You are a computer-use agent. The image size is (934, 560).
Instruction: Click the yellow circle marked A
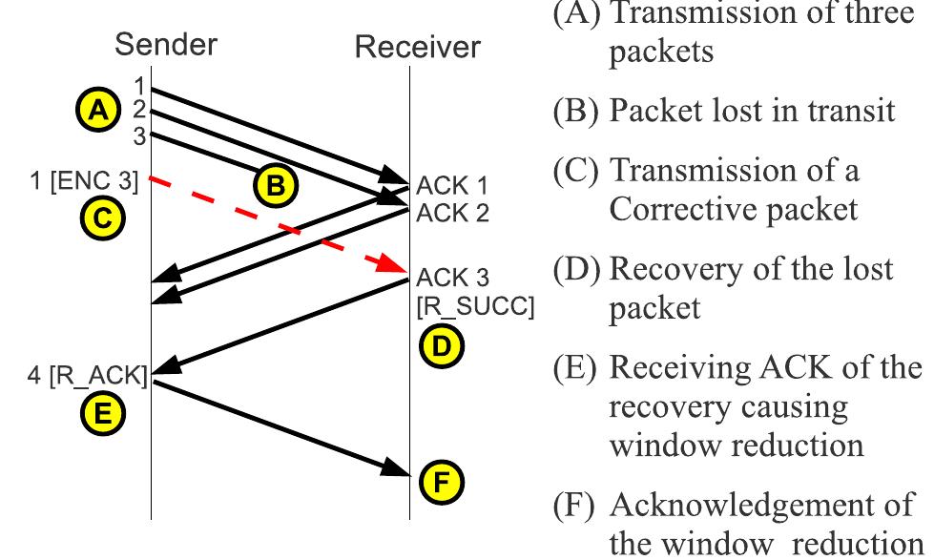pos(95,112)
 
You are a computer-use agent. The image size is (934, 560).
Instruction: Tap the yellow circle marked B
pos(275,186)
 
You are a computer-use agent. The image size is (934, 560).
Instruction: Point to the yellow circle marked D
pos(440,347)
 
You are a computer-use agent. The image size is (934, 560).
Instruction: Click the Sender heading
pos(166,44)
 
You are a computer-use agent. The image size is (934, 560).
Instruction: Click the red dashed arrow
pos(277,225)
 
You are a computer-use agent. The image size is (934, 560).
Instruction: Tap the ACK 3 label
pos(451,278)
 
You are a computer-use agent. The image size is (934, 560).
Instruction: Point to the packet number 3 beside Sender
pos(139,135)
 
